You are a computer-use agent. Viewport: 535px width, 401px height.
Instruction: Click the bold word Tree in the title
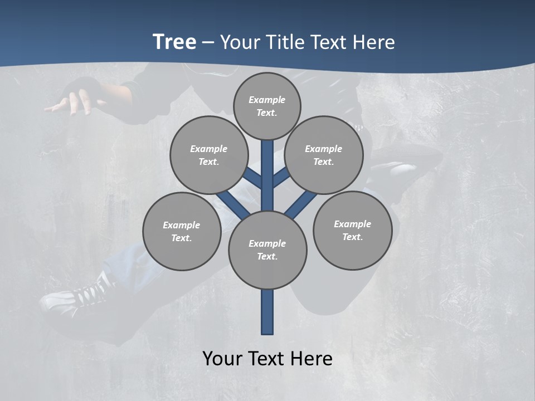[174, 42]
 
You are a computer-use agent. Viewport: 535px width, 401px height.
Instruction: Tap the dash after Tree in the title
[208, 42]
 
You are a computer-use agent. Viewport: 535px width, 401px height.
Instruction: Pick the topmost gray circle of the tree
[267, 106]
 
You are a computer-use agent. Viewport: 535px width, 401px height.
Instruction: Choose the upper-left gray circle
[209, 155]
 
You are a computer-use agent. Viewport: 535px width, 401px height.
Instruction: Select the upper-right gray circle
[324, 155]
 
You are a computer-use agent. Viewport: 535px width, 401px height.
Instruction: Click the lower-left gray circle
[182, 231]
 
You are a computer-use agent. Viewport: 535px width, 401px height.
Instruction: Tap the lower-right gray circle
[352, 230]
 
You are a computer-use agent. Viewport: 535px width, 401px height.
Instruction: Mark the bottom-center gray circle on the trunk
[267, 250]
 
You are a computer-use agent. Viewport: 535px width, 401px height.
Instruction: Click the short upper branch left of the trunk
[252, 178]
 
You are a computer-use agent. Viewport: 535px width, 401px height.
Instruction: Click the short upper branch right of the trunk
[280, 178]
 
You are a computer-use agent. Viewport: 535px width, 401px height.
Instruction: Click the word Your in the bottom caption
[223, 358]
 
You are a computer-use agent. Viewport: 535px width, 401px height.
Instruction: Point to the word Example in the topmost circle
[267, 100]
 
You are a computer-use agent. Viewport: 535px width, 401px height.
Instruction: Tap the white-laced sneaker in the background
[78, 295]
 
